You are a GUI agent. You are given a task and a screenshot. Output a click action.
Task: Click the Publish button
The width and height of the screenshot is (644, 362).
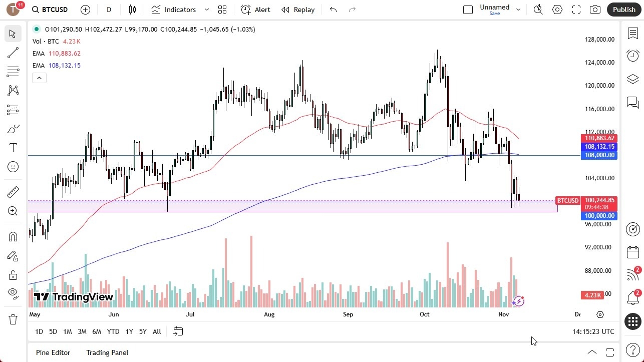click(623, 10)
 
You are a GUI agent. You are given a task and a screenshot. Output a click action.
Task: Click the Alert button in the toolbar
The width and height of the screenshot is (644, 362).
click(255, 10)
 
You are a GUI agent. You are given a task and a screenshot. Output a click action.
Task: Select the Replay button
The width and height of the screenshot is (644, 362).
click(298, 10)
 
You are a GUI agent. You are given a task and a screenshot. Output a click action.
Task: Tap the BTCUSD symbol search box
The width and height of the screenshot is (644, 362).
click(50, 10)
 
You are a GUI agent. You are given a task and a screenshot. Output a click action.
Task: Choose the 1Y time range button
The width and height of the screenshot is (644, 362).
click(129, 331)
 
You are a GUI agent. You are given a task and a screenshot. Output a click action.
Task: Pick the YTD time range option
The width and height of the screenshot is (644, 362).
click(113, 331)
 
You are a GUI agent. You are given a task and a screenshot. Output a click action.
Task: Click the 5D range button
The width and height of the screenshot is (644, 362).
click(53, 331)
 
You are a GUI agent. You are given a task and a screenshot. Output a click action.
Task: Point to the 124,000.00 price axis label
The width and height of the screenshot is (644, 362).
click(600, 63)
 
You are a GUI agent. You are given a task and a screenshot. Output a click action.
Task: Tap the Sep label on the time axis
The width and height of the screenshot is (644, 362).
click(348, 314)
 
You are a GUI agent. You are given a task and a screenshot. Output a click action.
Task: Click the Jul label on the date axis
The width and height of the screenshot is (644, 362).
click(190, 314)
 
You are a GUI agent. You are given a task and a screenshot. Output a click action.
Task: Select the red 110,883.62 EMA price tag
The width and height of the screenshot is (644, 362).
click(598, 138)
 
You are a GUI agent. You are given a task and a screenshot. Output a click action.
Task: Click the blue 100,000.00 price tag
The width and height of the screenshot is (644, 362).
click(598, 216)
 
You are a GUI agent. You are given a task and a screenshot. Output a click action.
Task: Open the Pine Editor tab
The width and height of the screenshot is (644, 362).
click(53, 352)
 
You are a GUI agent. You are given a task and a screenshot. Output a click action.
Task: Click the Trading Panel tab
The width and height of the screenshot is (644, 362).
click(107, 352)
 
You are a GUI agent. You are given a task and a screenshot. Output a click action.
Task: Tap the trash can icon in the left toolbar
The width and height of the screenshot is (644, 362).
click(13, 319)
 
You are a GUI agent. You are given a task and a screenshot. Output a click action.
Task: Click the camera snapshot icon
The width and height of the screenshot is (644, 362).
click(595, 10)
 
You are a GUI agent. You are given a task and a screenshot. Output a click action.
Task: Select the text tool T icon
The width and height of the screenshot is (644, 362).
click(13, 148)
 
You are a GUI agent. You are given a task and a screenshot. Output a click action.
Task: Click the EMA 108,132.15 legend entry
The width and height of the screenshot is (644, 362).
click(57, 66)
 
